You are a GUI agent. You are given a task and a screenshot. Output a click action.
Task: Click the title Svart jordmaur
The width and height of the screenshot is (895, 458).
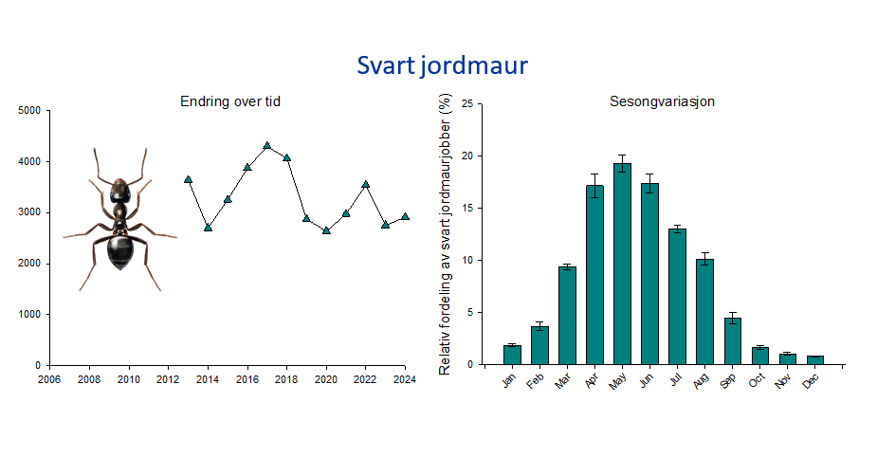[x=443, y=65]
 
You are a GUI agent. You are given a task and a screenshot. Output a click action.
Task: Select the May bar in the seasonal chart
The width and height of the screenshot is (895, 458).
[x=622, y=264]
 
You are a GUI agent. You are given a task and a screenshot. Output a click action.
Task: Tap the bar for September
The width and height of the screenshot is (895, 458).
[x=732, y=341]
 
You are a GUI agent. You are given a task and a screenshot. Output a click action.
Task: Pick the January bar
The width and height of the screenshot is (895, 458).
[x=512, y=355]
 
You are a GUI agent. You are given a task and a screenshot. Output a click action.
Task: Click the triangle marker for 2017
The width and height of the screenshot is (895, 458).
[x=267, y=146]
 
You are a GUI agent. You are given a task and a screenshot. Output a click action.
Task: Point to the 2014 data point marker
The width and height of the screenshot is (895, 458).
[x=208, y=228]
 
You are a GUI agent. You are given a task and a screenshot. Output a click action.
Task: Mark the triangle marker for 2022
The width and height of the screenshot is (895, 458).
[x=365, y=185]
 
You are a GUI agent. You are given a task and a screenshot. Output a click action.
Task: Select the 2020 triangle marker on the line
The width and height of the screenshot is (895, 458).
[x=326, y=230]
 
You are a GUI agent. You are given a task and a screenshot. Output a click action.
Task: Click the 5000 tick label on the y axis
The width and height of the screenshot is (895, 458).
[x=30, y=111]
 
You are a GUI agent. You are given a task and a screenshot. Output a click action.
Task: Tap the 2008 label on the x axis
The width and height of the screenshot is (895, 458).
[x=89, y=379]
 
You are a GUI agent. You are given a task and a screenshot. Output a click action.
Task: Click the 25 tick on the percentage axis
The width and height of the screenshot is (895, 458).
[x=468, y=104]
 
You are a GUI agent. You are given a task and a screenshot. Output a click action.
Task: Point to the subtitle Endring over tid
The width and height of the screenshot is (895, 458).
[x=230, y=101]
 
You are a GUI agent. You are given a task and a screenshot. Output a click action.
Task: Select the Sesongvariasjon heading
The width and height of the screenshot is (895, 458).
[x=662, y=101]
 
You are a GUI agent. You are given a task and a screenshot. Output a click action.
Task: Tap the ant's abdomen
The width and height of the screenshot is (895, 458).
[x=120, y=250]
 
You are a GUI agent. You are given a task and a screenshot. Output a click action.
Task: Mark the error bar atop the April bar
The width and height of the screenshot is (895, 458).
[x=594, y=186]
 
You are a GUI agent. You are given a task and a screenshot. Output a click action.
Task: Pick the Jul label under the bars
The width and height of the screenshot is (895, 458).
[x=677, y=379]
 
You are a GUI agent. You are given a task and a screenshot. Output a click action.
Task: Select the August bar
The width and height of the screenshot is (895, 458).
[x=705, y=312]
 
